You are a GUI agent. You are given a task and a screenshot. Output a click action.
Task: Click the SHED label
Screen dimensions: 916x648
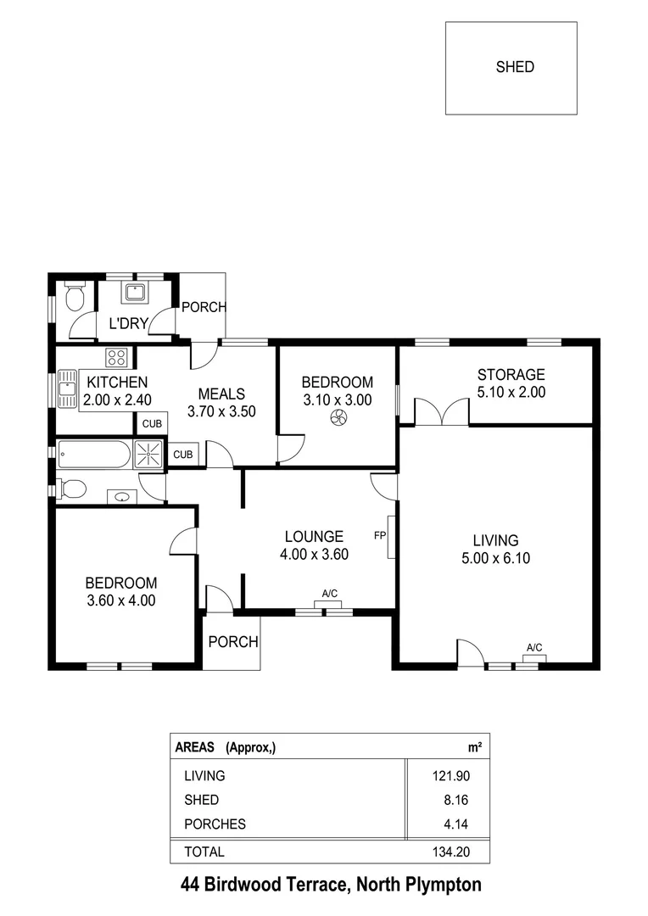click(515, 67)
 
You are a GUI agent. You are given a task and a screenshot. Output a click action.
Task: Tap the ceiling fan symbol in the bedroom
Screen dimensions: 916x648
click(338, 417)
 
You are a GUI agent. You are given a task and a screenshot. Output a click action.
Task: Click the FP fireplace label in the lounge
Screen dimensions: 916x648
click(380, 536)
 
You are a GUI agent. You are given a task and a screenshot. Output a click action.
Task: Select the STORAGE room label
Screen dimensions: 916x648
click(511, 374)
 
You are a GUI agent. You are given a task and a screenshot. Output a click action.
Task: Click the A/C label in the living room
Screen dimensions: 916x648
click(534, 648)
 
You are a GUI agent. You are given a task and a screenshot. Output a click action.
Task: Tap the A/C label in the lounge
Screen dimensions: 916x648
click(330, 593)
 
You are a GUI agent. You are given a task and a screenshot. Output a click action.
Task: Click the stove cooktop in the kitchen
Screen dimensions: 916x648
click(116, 357)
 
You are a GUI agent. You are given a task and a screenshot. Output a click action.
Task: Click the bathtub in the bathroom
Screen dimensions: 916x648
click(93, 454)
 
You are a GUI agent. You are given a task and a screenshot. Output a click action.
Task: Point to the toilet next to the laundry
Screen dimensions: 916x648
click(75, 297)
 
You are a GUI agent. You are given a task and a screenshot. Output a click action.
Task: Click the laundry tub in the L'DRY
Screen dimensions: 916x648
click(135, 293)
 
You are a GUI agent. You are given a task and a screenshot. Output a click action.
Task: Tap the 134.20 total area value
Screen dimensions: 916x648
click(450, 852)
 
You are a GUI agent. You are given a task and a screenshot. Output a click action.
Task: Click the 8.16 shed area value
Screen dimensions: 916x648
click(455, 800)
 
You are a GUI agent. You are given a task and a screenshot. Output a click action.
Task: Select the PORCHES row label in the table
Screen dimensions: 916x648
click(215, 824)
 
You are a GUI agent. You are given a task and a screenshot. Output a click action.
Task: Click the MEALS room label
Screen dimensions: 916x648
click(221, 394)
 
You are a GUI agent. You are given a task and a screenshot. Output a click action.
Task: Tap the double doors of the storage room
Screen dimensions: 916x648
click(442, 412)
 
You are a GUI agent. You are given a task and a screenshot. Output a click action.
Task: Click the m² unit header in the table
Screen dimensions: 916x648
click(475, 748)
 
